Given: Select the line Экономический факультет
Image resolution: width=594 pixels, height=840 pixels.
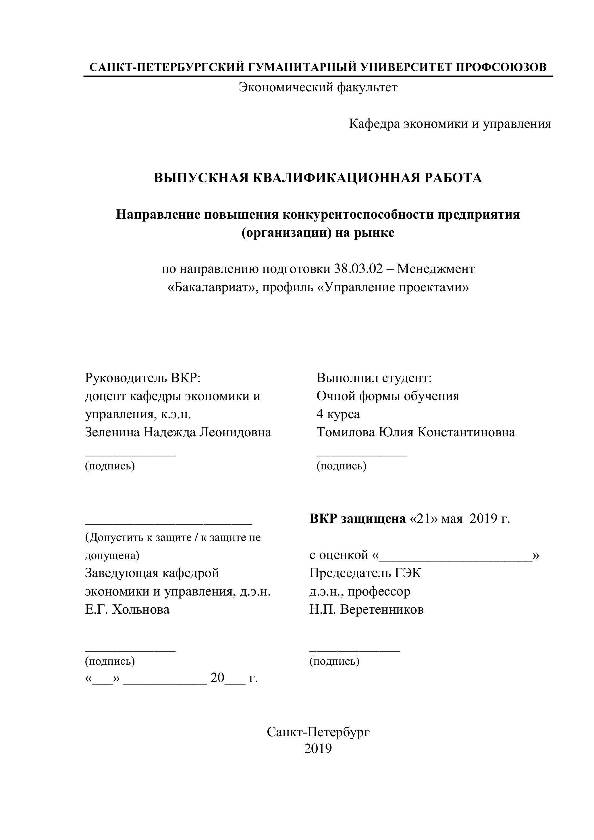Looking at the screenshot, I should tap(318, 87).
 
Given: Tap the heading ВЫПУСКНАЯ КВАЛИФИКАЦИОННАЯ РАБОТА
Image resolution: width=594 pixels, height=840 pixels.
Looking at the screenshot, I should tap(318, 178).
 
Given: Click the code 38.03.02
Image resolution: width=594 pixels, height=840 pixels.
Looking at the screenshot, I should tap(358, 269).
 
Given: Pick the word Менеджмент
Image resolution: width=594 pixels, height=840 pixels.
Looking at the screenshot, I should tap(436, 269).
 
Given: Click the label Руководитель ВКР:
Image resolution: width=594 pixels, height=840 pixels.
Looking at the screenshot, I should tap(143, 377).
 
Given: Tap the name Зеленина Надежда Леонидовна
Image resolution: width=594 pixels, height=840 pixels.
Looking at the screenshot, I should tap(178, 432).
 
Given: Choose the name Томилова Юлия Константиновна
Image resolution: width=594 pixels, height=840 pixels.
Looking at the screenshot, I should tap(416, 432).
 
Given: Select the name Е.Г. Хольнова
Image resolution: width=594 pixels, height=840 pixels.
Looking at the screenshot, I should tap(127, 610).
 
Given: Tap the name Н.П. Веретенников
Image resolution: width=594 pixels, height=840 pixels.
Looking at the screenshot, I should tap(367, 610).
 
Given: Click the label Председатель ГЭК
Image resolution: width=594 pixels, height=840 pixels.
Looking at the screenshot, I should tap(365, 573).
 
